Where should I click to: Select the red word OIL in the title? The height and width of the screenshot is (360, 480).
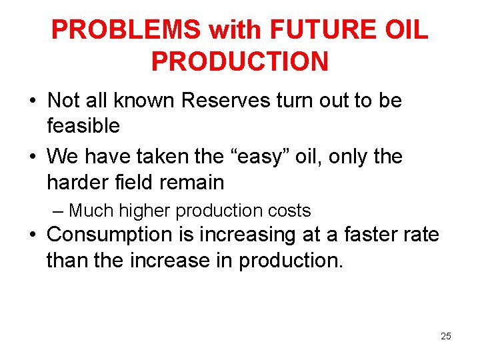(x=403, y=29)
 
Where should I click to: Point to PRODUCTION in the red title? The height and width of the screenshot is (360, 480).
(x=240, y=61)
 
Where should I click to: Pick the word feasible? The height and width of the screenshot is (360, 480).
(x=83, y=125)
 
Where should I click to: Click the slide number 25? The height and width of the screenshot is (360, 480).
(x=446, y=336)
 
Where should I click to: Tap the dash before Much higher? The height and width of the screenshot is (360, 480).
(x=58, y=211)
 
